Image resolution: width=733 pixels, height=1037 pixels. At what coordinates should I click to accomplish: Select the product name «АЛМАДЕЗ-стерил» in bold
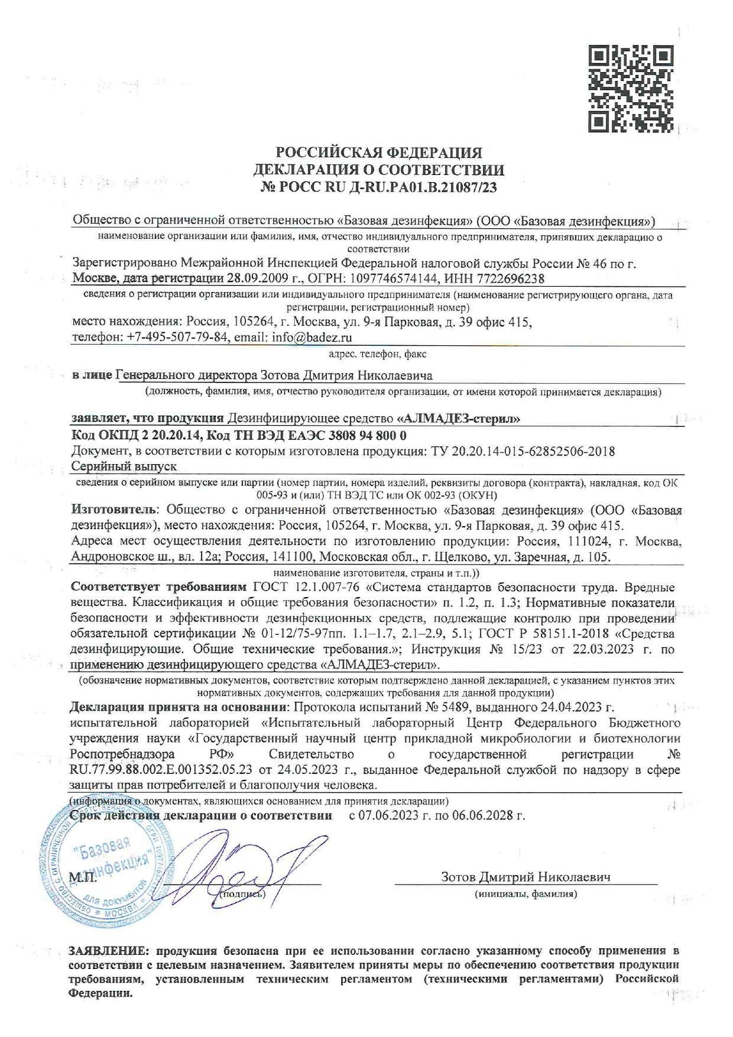[x=458, y=419]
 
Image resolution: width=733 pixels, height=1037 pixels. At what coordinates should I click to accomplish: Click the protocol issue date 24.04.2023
[x=578, y=707]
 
